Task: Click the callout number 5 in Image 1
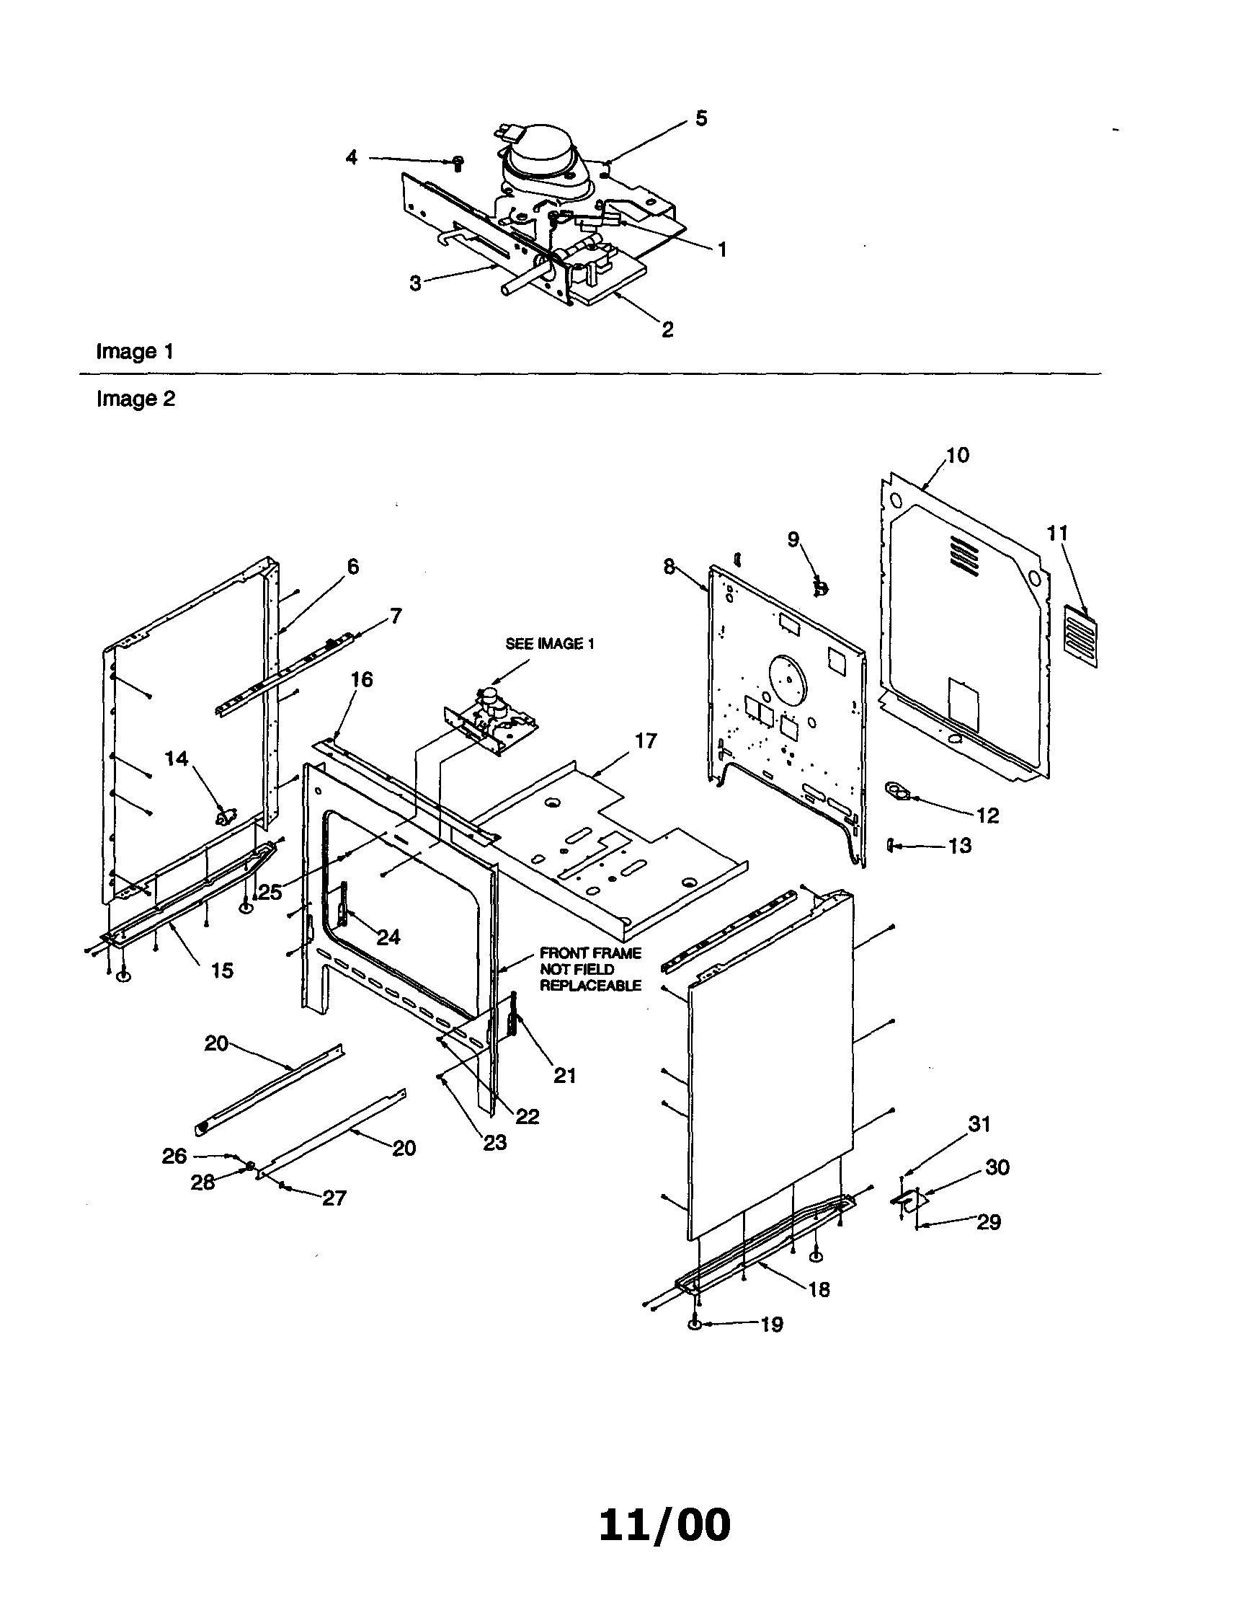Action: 701,119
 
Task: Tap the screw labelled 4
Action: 458,162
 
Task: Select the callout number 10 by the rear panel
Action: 957,456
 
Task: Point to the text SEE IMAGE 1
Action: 550,644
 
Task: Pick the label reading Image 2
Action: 136,399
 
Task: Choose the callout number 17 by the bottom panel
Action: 646,740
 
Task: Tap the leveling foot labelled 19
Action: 694,1324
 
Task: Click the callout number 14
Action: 177,759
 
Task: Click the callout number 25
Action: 270,892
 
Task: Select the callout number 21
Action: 564,1076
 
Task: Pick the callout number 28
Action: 203,1182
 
